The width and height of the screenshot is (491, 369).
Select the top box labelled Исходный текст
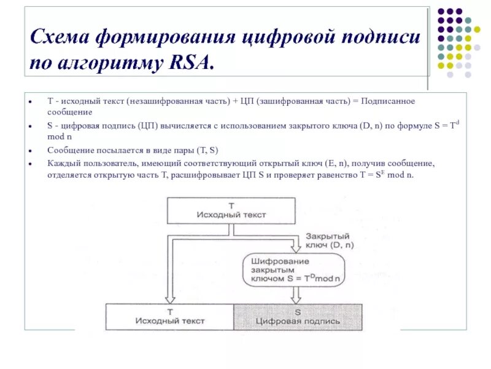pos(231,210)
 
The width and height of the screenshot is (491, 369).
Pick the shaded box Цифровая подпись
pos(298,317)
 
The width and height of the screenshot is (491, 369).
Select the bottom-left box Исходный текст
pos(169,317)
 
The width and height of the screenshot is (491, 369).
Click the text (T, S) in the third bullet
pos(206,150)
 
